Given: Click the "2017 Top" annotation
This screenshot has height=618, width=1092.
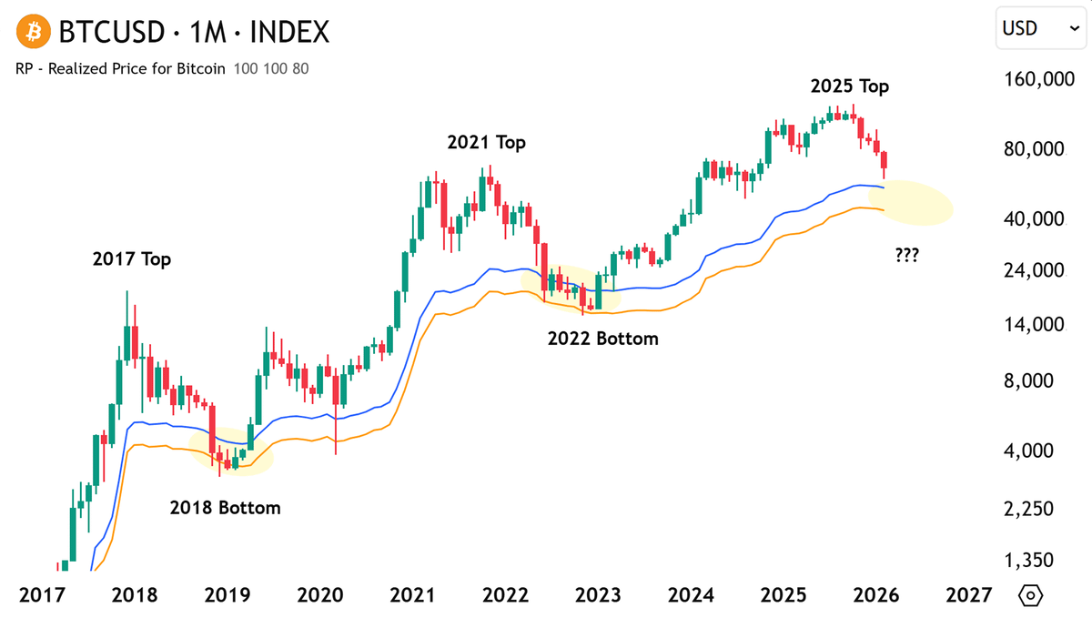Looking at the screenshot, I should click(132, 259).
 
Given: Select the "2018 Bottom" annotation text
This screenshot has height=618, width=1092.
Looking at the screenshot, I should click(225, 508).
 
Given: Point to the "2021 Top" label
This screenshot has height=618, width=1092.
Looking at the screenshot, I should click(486, 143).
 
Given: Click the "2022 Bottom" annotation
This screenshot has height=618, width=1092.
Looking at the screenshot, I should click(602, 339).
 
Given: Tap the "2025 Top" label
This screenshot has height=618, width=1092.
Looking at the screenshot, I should click(850, 86).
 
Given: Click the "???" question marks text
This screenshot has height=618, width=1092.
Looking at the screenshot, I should click(905, 256).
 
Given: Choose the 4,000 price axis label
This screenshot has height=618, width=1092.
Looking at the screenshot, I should click(1038, 451).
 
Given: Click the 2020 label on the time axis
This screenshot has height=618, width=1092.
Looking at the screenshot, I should click(319, 595).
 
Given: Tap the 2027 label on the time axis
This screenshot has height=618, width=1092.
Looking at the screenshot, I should click(968, 595).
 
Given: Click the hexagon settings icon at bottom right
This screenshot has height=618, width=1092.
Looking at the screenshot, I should click(1030, 595).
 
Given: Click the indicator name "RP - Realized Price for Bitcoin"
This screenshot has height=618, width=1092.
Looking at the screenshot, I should click(120, 69).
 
